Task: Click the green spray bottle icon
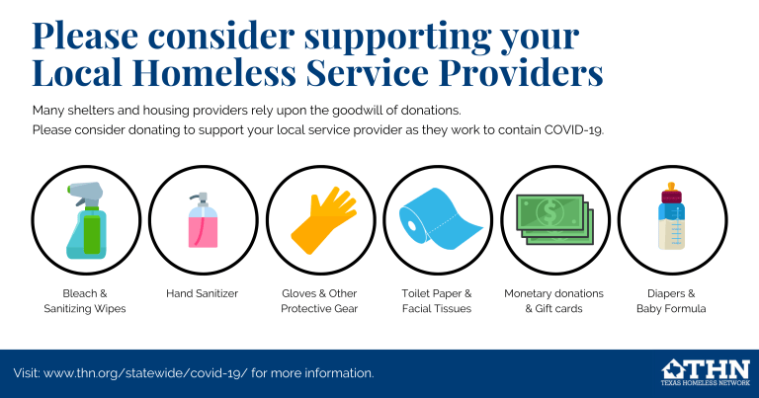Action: [x=86, y=220]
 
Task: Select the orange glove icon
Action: [x=324, y=220]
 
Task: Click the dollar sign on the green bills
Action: [x=549, y=211]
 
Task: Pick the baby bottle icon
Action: [x=671, y=216]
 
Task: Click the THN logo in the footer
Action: [x=706, y=372]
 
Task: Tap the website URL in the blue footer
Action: [x=145, y=373]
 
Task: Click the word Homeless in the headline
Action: [x=213, y=72]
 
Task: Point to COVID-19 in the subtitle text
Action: [x=573, y=130]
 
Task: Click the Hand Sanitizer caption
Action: [x=203, y=293]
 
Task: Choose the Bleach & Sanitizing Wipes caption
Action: [x=85, y=301]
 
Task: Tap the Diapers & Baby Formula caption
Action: [x=671, y=301]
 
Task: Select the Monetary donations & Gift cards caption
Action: [x=553, y=301]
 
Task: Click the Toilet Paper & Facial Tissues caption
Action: [x=437, y=301]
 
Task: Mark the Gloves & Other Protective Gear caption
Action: [x=319, y=301]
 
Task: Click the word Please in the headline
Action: [x=85, y=36]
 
